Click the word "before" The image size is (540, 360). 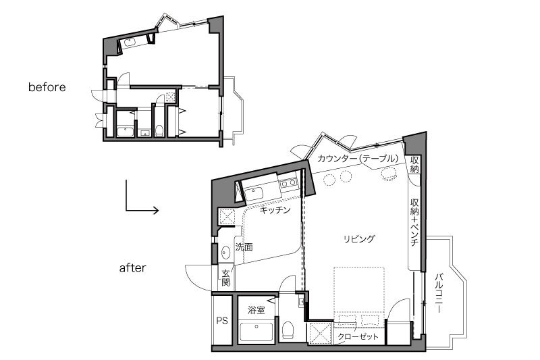[47, 87]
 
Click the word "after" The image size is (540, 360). [132, 268]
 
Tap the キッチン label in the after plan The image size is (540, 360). [275, 210]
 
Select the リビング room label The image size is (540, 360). [359, 238]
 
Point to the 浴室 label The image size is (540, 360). [256, 310]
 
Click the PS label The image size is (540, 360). [222, 321]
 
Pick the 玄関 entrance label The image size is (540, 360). [225, 278]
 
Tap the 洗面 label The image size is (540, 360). [244, 247]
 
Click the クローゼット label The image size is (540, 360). [358, 336]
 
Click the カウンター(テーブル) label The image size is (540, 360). [358, 159]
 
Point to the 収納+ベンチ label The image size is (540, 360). [414, 222]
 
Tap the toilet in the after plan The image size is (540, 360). [287, 330]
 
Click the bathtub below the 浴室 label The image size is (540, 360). [256, 331]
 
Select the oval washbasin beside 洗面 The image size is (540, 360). [225, 253]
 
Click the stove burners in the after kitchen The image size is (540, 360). [289, 182]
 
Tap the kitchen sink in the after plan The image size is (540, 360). [254, 194]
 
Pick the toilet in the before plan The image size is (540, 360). [159, 131]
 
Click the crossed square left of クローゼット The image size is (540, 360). [320, 334]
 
